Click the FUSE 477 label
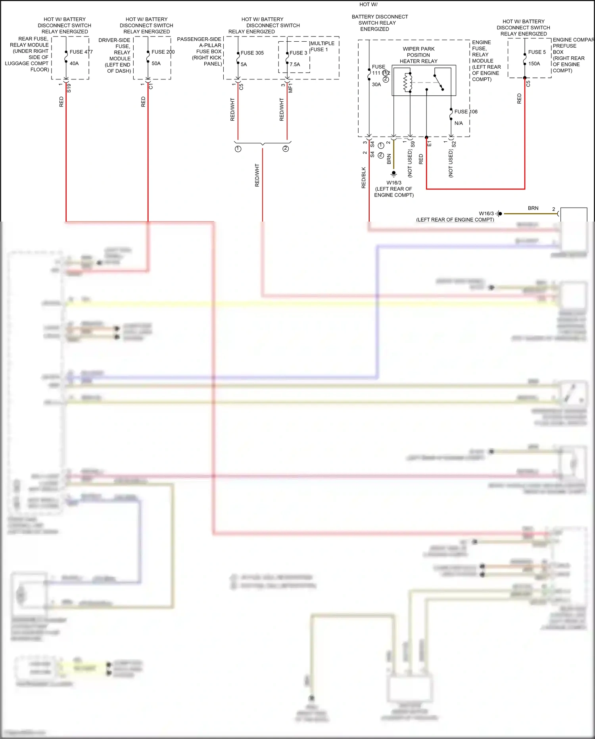[81, 52]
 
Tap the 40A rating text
[74, 64]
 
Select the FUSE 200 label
[163, 52]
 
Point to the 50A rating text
[156, 64]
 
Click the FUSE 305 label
[252, 53]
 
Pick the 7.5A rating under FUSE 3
[295, 64]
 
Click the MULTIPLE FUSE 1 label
[322, 46]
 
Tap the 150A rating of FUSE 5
[534, 64]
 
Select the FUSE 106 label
[466, 112]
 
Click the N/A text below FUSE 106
[459, 123]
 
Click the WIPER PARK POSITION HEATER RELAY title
[418, 55]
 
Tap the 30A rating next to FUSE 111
[376, 85]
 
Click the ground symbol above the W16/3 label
[393, 174]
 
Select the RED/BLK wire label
[364, 178]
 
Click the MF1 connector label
[290, 88]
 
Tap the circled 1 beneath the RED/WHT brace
[238, 149]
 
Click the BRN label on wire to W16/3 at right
[533, 208]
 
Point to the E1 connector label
[429, 144]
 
